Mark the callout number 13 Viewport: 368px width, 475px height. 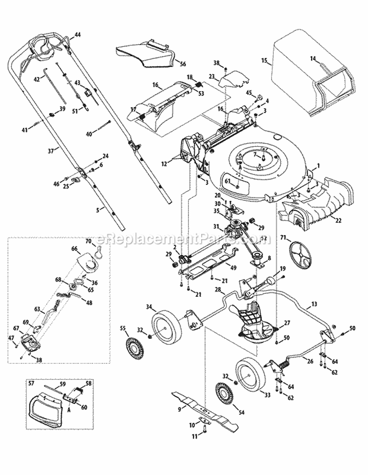tap(314, 304)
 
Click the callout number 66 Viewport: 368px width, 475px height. tap(75, 248)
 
